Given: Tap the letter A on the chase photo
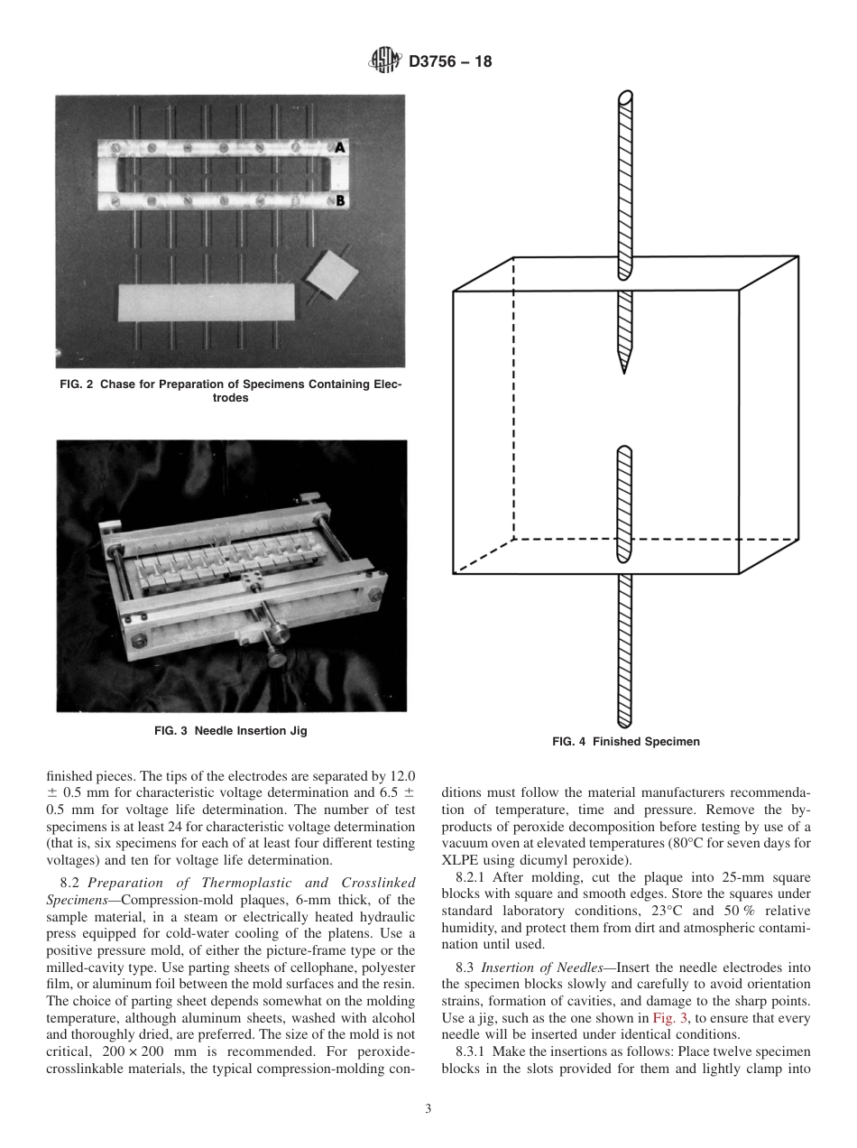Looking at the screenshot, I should [340, 146].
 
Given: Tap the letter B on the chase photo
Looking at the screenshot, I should [340, 201].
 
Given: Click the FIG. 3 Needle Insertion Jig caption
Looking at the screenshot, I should [231, 731].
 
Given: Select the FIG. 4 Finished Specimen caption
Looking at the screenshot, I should [625, 742].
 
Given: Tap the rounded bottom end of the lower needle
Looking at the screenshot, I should [623, 723].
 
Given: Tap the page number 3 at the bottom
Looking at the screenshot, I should [428, 1109].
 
